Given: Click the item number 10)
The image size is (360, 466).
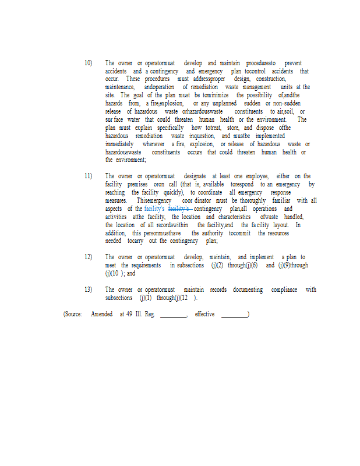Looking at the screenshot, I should pyautogui.click(x=88, y=63).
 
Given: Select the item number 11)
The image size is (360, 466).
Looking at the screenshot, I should pyautogui.click(x=88, y=176).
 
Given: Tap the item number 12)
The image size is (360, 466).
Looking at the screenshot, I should pyautogui.click(x=88, y=257).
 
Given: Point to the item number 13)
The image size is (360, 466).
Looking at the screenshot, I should pyautogui.click(x=88, y=290).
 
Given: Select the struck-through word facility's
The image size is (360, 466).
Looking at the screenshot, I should pyautogui.click(x=179, y=209).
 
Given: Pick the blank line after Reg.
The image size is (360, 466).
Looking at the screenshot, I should pyautogui.click(x=173, y=315).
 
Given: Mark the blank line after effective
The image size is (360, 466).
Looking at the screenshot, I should pyautogui.click(x=235, y=315).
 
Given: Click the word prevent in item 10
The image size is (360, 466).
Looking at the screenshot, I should pyautogui.click(x=293, y=63).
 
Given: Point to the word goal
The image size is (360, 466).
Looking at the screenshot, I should pyautogui.click(x=138, y=95).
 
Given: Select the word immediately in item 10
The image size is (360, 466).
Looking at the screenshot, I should pyautogui.click(x=119, y=144).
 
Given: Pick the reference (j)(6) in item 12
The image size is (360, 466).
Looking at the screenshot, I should pyautogui.click(x=246, y=265).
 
